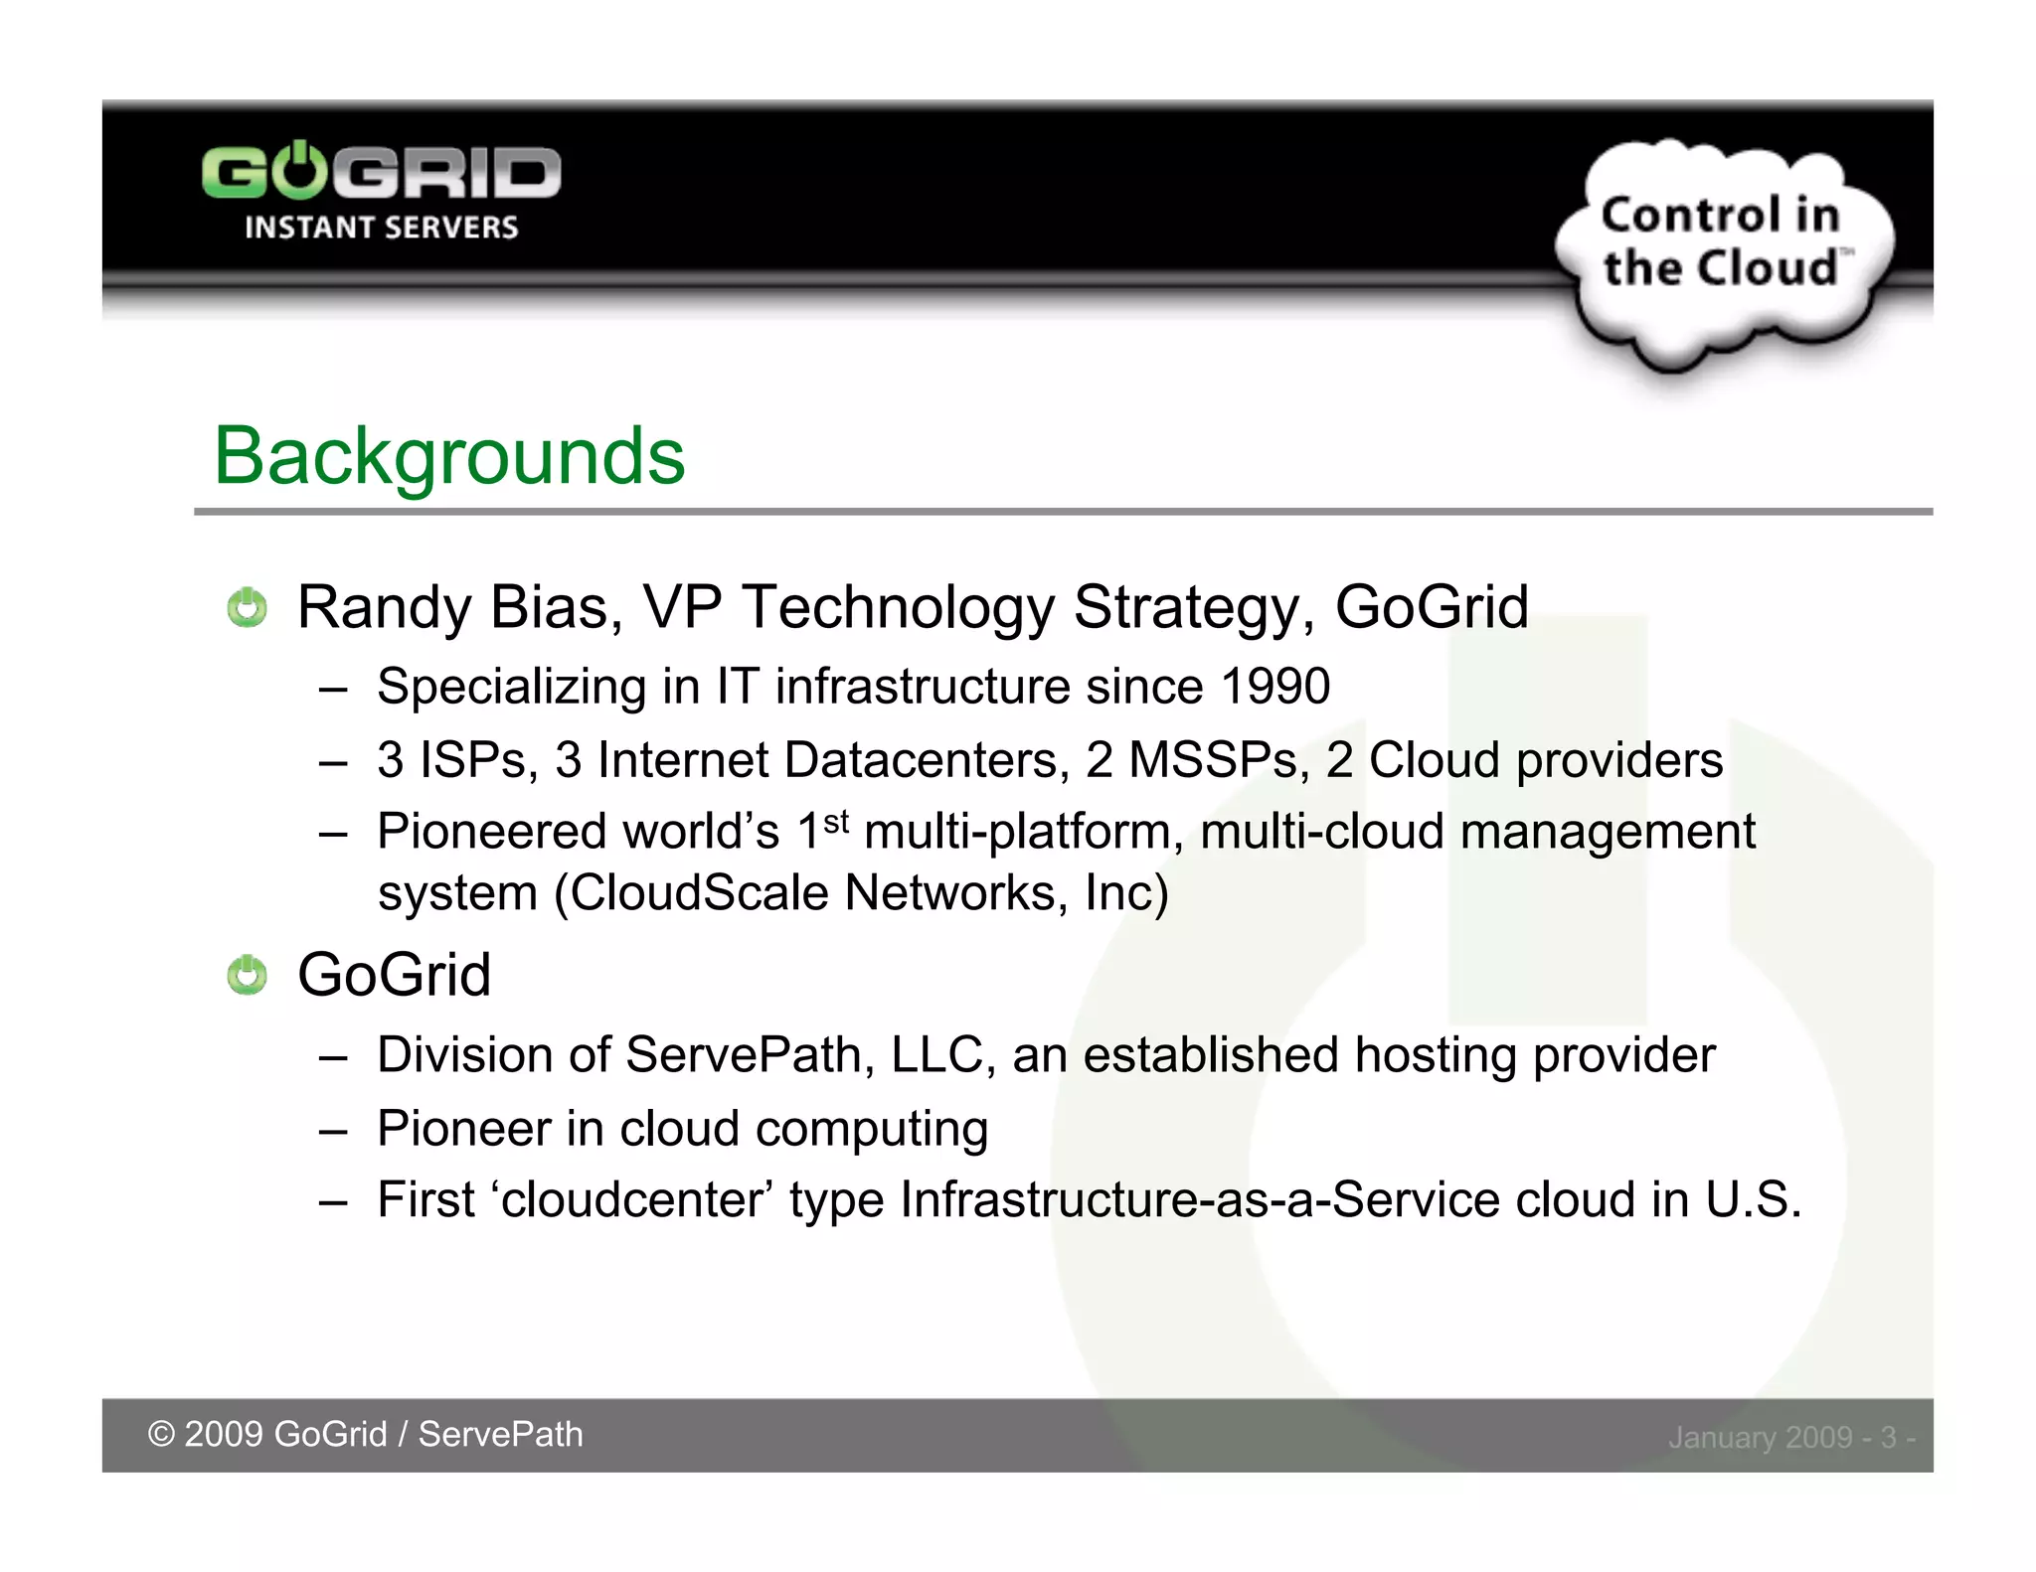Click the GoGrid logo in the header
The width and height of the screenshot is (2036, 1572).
coord(381,174)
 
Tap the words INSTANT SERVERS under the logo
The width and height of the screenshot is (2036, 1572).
coord(381,228)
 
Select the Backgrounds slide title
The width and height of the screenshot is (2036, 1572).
coord(449,456)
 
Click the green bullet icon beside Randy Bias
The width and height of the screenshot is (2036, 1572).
coord(247,607)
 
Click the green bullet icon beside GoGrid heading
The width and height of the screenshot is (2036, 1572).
coord(247,975)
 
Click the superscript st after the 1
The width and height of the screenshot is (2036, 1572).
coord(837,821)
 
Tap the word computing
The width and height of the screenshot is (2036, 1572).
coord(872,1130)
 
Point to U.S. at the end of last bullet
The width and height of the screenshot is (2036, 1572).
coord(1753,1200)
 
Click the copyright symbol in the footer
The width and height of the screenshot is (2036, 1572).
coord(161,1435)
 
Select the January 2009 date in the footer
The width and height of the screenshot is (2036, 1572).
coord(1760,1438)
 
